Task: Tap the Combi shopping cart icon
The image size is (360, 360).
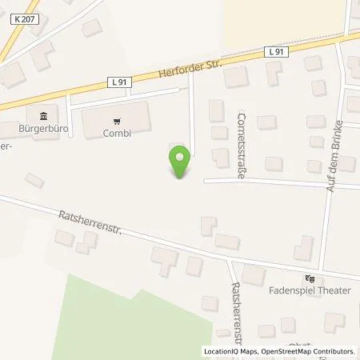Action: tap(117, 122)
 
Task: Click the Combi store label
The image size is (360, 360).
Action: tap(117, 134)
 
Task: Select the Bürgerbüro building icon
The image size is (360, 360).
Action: tap(42, 114)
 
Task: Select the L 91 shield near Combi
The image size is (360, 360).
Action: tap(118, 82)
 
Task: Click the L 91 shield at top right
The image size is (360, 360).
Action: tap(276, 51)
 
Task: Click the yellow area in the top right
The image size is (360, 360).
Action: tap(280, 20)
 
